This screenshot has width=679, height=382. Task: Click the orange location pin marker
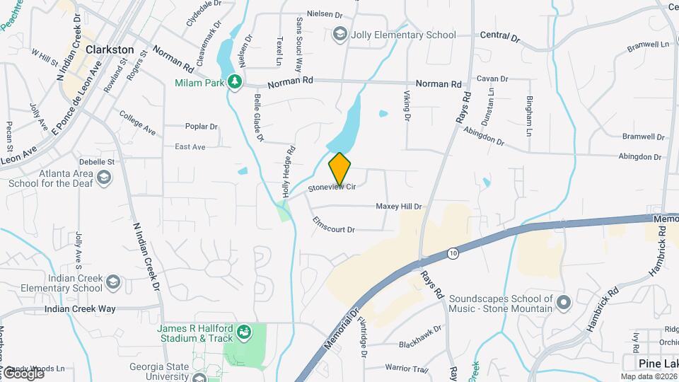pyautogui.click(x=339, y=169)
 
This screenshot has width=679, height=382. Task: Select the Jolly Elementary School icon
pyautogui.click(x=339, y=34)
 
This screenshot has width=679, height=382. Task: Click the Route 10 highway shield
pyautogui.click(x=453, y=253)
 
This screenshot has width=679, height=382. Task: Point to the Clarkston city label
pyautogui.click(x=109, y=50)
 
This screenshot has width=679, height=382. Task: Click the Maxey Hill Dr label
pyautogui.click(x=398, y=207)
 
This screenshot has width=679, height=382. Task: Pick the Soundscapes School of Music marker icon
pyautogui.click(x=563, y=303)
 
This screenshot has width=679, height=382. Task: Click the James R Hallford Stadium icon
pyautogui.click(x=244, y=331)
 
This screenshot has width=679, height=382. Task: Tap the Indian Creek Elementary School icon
pyautogui.click(x=113, y=283)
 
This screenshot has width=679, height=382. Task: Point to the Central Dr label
pyautogui.click(x=499, y=35)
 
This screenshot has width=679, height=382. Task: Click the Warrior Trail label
pyautogui.click(x=407, y=368)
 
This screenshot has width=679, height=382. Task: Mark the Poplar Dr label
pyautogui.click(x=201, y=127)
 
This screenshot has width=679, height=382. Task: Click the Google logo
pyautogui.click(x=23, y=373)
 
